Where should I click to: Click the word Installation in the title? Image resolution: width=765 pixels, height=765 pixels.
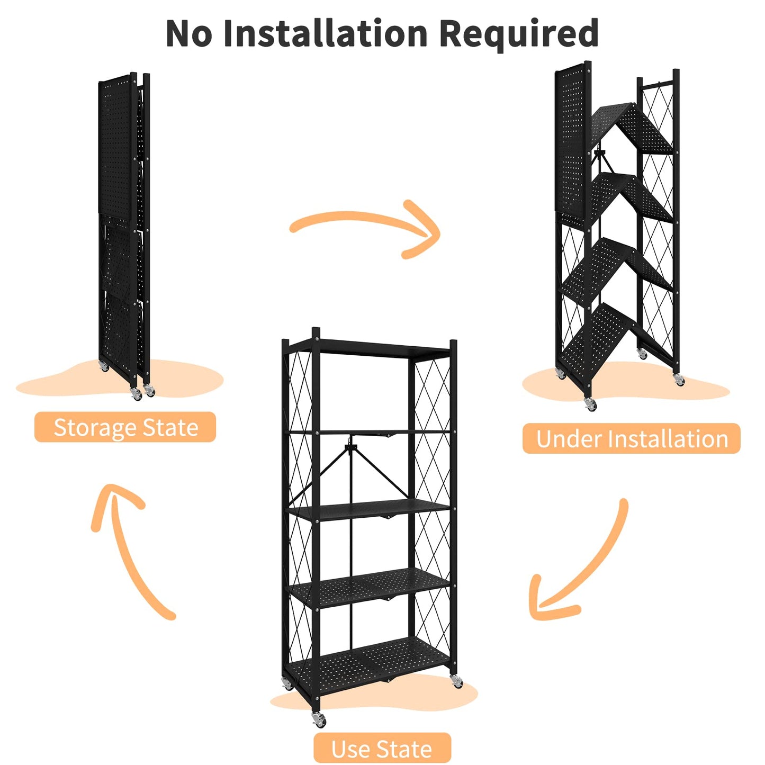coord(325,34)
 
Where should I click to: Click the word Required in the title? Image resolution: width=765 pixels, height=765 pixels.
coord(519,34)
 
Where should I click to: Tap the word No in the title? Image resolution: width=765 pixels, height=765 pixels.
coord(189,34)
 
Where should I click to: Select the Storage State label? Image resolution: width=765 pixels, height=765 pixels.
coord(125,427)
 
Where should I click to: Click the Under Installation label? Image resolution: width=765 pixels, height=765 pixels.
coord(631,439)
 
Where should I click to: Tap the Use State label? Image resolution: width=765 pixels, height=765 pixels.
coord(382,749)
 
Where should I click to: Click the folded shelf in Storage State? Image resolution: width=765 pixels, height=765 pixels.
coord(123,228)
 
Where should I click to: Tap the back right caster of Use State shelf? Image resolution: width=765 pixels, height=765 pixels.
coord(456,682)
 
